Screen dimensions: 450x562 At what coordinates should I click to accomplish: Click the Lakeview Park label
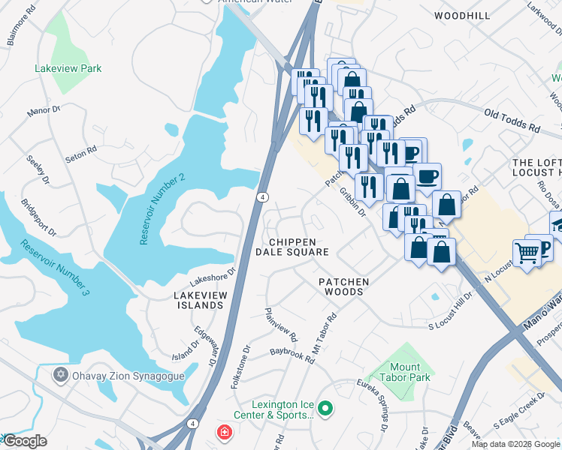[68, 68]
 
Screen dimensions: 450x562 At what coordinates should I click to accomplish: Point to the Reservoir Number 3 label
[55, 267]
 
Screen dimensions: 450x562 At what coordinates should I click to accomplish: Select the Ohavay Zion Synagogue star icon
[60, 373]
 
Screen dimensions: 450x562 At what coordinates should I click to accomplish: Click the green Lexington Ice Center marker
[325, 409]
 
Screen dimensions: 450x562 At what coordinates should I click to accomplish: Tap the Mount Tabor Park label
[400, 372]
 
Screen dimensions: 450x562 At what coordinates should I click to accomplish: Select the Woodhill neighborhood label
[463, 15]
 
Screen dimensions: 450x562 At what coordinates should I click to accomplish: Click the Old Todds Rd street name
[512, 121]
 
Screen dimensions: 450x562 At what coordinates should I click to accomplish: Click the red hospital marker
[224, 432]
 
